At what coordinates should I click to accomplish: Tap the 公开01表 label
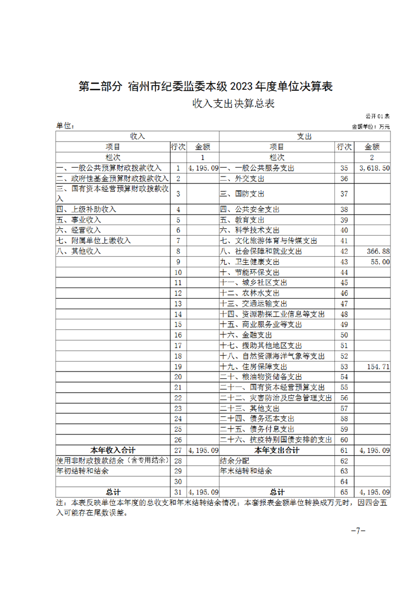[377, 116]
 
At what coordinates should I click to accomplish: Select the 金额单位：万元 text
[370, 127]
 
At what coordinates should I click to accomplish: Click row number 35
[344, 168]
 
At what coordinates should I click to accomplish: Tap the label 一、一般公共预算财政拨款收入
[109, 168]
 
